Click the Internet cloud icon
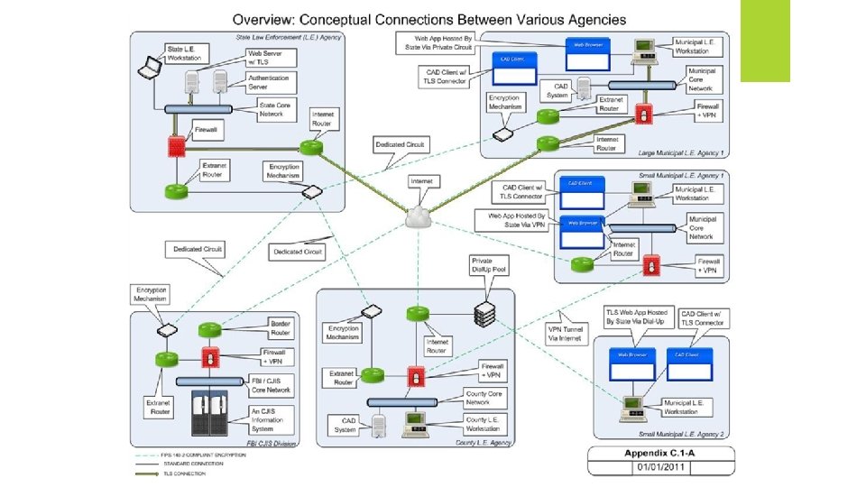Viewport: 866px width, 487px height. tap(420, 216)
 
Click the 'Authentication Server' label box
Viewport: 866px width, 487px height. tap(269, 83)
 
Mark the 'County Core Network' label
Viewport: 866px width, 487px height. tap(484, 398)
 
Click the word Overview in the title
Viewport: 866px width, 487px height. tap(265, 19)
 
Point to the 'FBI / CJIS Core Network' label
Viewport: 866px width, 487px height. tap(271, 385)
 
